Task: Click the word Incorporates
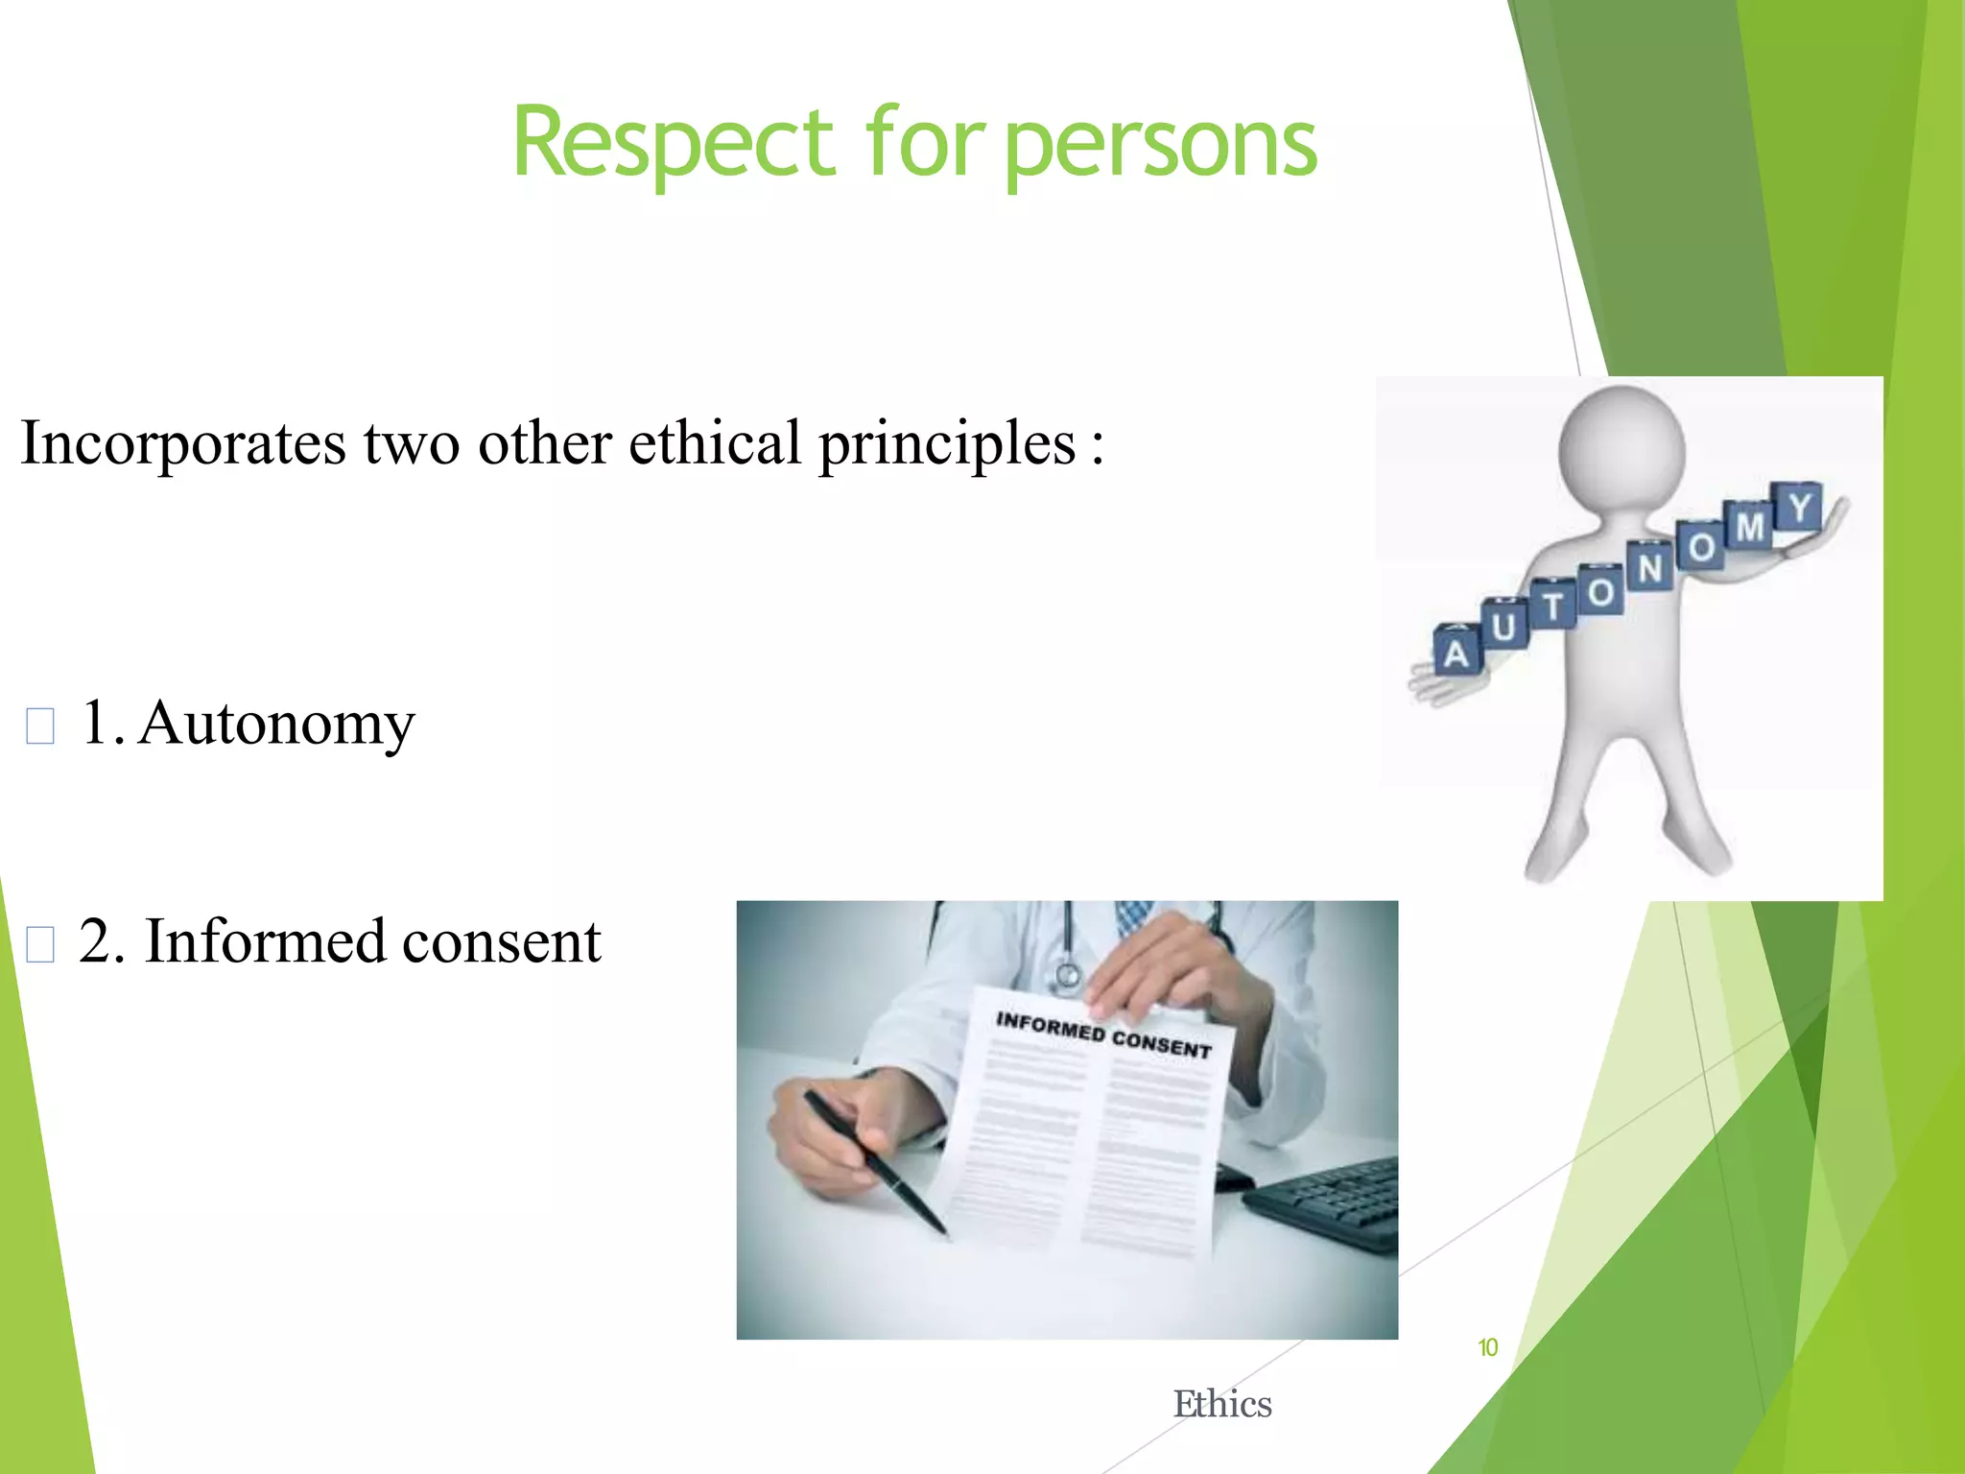pyautogui.click(x=182, y=443)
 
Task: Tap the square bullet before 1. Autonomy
pyautogui.click(x=40, y=726)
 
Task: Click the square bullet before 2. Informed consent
pyautogui.click(x=40, y=944)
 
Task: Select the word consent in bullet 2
pyautogui.click(x=501, y=941)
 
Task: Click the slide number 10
pyautogui.click(x=1487, y=1348)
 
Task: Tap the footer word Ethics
pyautogui.click(x=1222, y=1404)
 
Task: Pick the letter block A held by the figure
pyautogui.click(x=1456, y=651)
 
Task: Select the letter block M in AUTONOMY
pyautogui.click(x=1749, y=526)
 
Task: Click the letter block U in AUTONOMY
pyautogui.click(x=1503, y=626)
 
